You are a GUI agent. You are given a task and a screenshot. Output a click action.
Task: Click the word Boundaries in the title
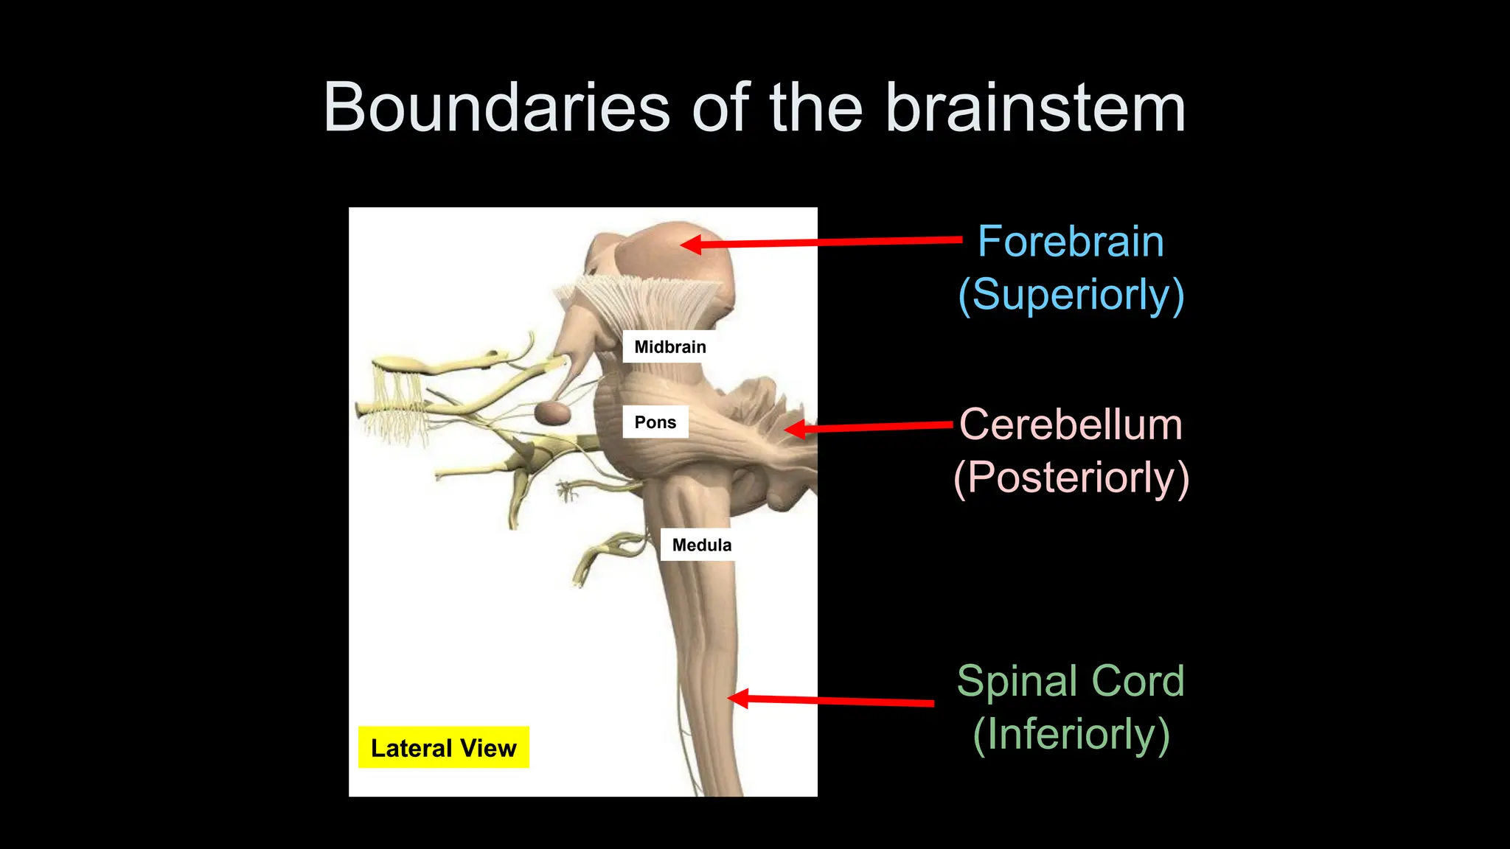496,108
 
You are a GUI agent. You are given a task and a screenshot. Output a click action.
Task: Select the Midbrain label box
669,346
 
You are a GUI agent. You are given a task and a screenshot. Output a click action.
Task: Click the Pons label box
655,422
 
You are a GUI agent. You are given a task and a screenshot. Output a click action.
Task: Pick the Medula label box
701,545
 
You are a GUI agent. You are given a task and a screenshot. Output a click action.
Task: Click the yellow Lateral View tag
443,748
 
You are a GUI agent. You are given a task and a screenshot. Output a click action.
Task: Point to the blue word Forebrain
1071,242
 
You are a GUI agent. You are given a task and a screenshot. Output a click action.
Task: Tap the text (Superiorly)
1071,295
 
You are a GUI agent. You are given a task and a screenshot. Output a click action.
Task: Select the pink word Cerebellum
1071,425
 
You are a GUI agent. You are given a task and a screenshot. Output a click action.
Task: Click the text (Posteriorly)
1071,478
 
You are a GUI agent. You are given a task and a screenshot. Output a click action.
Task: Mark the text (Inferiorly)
1071,734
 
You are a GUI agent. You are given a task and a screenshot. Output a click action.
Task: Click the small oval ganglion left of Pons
552,413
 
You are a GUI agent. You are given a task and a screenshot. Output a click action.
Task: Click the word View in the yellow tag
488,748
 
